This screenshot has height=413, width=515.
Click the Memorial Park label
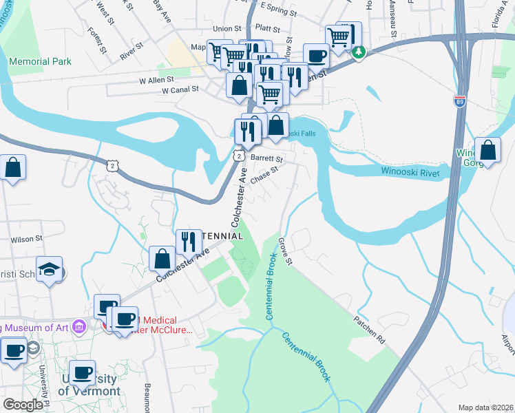[41, 61]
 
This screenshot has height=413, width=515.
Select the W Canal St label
[180, 89]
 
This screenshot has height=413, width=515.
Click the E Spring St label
[274, 12]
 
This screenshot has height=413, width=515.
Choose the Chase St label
[264, 174]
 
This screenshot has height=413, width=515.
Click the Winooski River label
[410, 173]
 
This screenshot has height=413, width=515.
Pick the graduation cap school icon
[50, 268]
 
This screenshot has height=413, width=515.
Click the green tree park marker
[358, 52]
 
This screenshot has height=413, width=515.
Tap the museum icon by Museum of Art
[79, 326]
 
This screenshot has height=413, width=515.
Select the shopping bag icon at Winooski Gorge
[488, 150]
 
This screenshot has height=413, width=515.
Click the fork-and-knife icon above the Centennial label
[189, 241]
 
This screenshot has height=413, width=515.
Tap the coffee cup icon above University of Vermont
[82, 372]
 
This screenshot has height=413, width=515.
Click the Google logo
[23, 405]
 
